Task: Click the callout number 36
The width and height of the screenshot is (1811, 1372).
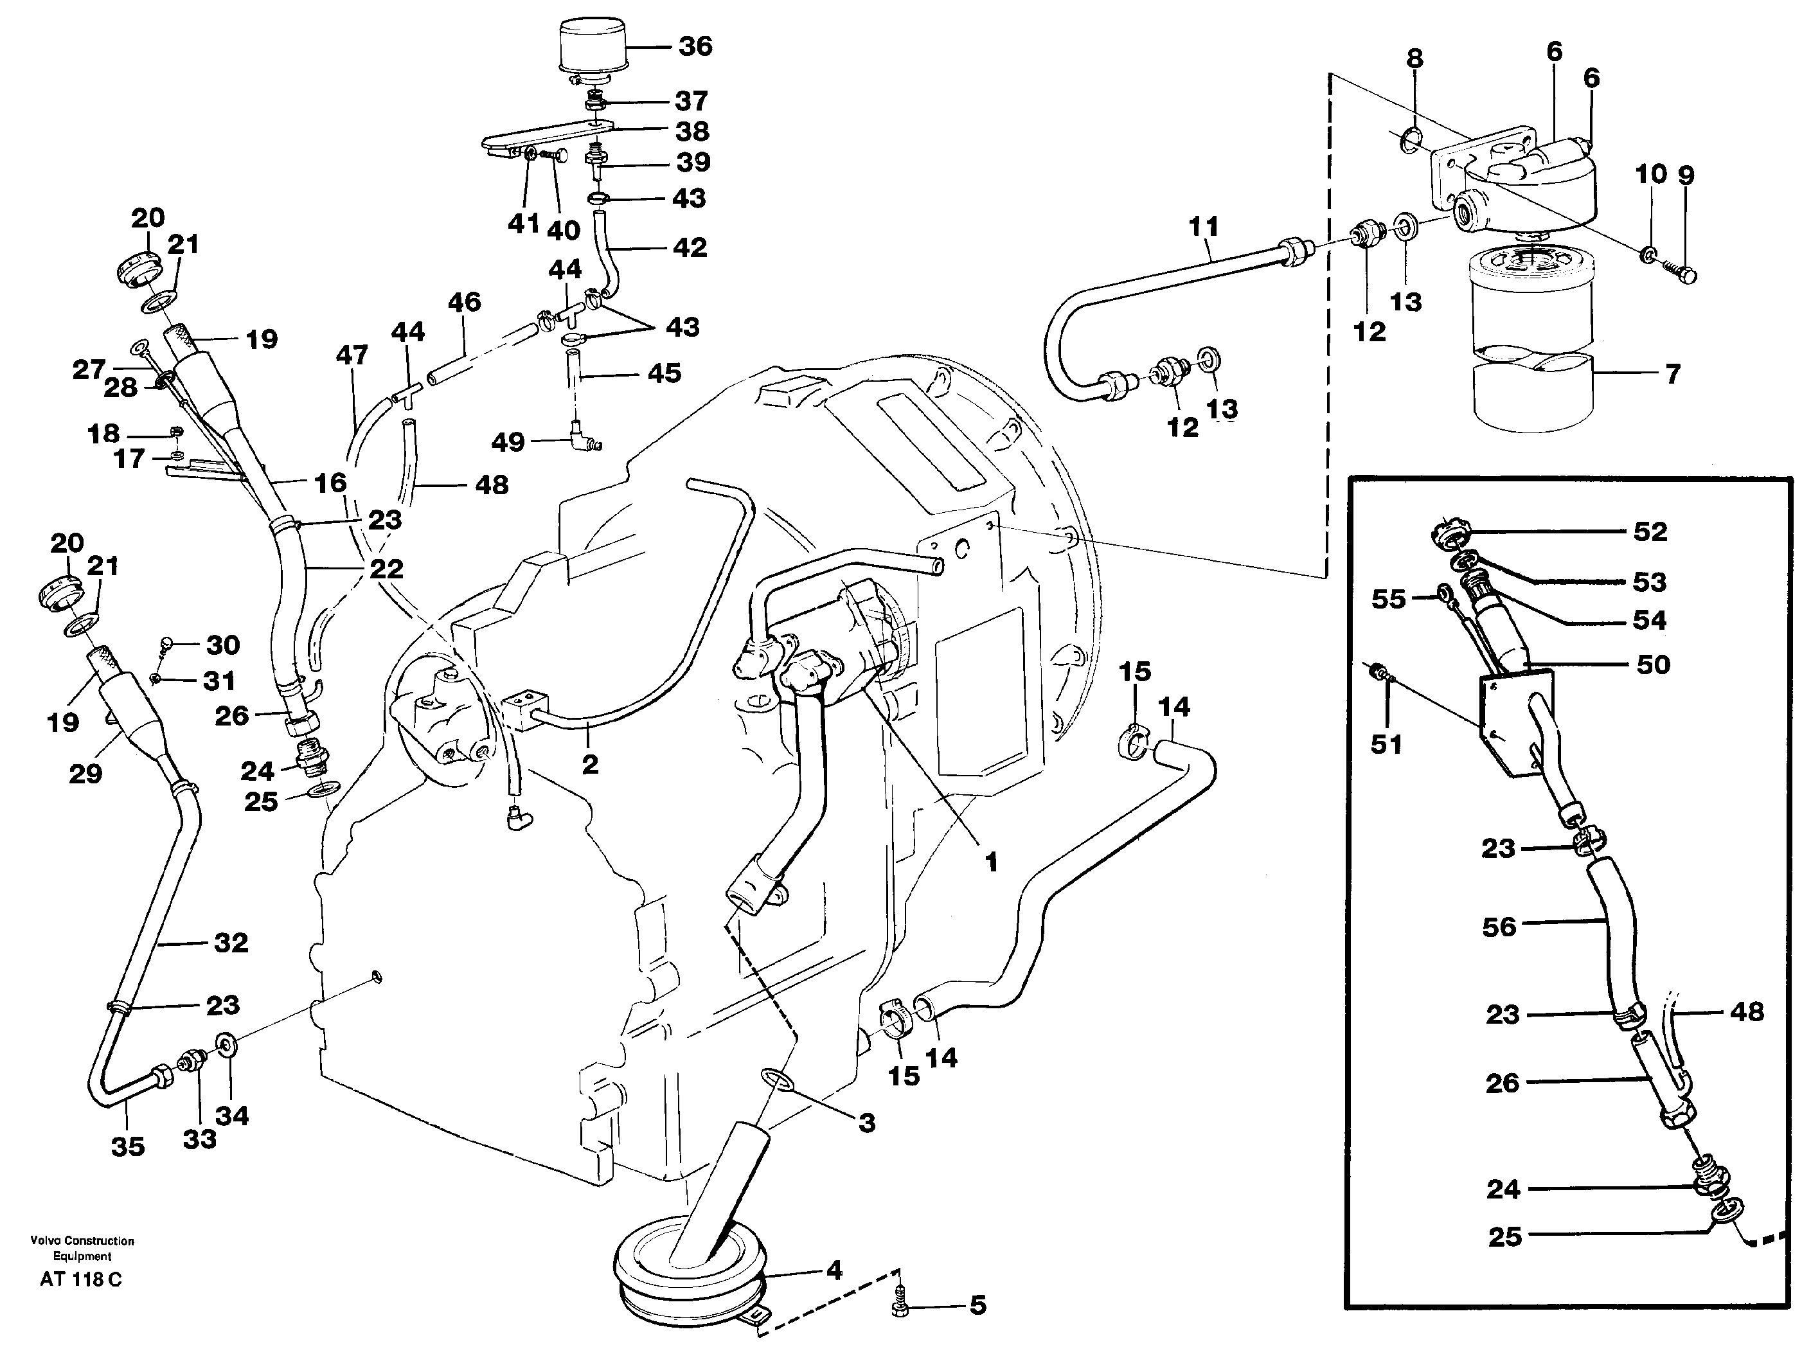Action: [x=695, y=47]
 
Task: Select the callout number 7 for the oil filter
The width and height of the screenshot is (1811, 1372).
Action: [x=1673, y=374]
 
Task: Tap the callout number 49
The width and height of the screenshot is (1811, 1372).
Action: [x=508, y=442]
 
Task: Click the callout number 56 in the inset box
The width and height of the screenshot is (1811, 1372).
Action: [x=1499, y=927]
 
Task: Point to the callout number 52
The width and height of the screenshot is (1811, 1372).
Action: [x=1650, y=532]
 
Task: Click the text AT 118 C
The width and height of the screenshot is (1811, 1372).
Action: [x=80, y=1280]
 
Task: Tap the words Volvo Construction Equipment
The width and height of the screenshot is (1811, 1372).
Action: [x=82, y=1249]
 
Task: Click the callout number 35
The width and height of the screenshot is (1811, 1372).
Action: [x=129, y=1147]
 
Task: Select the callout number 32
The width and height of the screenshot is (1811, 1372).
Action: [x=231, y=942]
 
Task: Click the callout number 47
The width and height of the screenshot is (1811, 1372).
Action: [x=352, y=355]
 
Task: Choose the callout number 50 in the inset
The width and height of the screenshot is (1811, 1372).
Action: [x=1653, y=664]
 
